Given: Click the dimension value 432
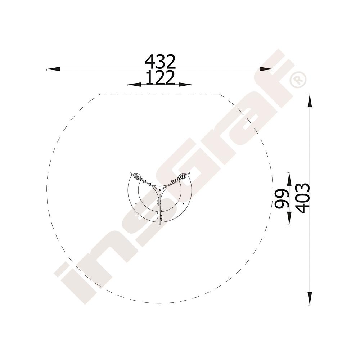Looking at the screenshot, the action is click(160, 62).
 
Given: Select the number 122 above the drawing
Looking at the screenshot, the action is click(160, 78).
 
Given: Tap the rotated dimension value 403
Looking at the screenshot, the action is click(303, 199).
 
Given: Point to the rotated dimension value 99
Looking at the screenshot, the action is click(282, 199).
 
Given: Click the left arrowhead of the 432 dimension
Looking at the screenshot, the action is click(53, 69).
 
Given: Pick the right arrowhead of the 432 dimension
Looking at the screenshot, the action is click(266, 69).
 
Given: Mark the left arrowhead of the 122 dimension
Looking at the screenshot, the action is click(134, 85).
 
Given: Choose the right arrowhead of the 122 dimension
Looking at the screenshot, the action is click(185, 85).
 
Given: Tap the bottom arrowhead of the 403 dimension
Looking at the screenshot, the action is click(310, 298).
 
